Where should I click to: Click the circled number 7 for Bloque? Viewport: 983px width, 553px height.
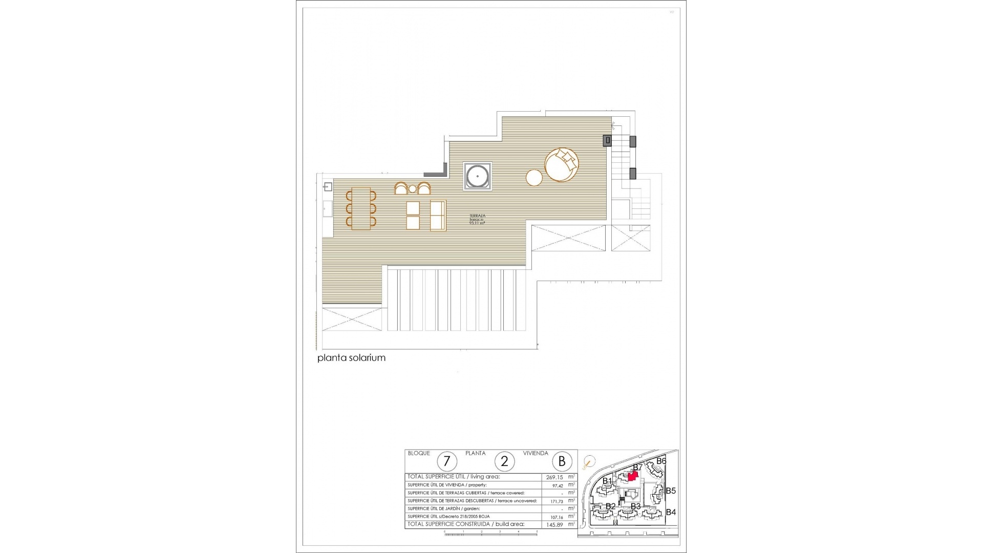[446, 461]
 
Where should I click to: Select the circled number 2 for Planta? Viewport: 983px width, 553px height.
[504, 461]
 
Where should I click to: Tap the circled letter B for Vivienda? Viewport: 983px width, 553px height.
[562, 461]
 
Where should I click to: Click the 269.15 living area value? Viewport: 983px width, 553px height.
[554, 477]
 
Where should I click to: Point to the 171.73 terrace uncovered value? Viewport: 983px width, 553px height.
[557, 501]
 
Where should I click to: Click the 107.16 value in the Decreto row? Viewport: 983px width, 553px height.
[557, 517]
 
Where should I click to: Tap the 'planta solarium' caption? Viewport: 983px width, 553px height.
[351, 358]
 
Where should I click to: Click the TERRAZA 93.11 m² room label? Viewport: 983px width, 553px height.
[477, 220]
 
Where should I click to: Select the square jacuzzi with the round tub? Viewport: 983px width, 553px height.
[477, 177]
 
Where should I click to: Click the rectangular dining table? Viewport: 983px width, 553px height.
[361, 208]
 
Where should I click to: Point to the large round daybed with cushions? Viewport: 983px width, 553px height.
[562, 164]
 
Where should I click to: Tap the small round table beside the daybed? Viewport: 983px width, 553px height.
[534, 178]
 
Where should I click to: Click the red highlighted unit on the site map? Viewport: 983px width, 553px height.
[633, 476]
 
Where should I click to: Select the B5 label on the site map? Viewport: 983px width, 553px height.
[670, 491]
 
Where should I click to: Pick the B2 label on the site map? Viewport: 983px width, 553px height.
[610, 506]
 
